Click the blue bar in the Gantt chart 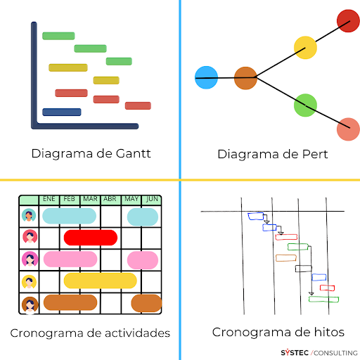point(62,112)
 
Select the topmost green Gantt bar point(58,36)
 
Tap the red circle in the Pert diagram point(348,20)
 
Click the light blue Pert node point(206,77)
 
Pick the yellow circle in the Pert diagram point(305,48)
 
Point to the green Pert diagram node point(305,105)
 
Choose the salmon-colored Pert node point(348,129)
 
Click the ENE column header point(49,199)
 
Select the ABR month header point(110,199)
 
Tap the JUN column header point(152,199)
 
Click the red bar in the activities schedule point(91,238)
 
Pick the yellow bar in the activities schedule point(101,281)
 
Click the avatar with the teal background point(29,215)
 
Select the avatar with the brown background point(30,304)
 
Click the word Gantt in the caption point(133,154)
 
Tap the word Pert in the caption point(315,154)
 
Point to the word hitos point(329,332)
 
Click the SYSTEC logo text point(295,353)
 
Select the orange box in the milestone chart point(286,258)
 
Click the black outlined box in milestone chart point(304,269)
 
